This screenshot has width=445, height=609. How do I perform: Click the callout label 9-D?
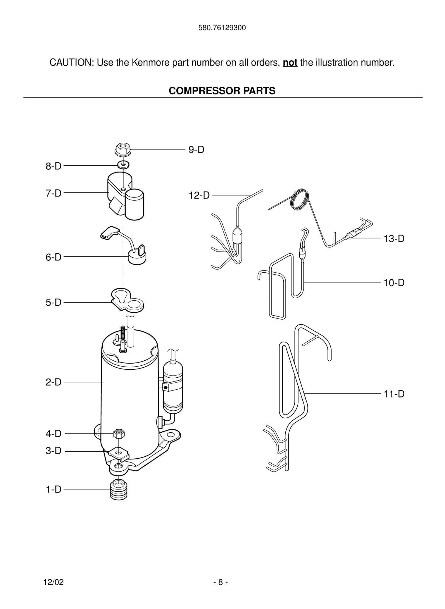(196, 150)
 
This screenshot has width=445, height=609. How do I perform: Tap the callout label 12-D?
(199, 195)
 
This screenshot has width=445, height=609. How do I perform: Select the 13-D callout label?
(394, 238)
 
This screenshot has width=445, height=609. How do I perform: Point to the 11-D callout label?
(394, 394)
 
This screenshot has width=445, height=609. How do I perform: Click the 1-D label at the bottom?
(54, 489)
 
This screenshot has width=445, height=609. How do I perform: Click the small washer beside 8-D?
(123, 164)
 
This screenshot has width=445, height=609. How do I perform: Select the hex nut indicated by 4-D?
(119, 434)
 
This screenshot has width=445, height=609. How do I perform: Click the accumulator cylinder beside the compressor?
(173, 387)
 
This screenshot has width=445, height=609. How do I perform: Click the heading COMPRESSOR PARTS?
(222, 91)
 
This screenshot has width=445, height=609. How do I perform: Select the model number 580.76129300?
(222, 28)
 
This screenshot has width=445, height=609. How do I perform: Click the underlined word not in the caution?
(290, 63)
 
